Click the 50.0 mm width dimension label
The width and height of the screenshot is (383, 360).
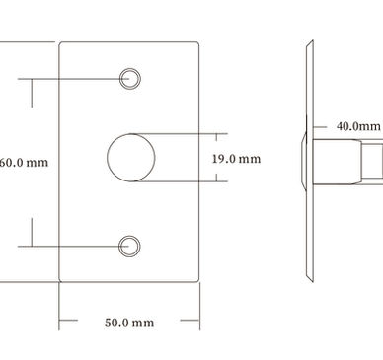(x=129, y=323)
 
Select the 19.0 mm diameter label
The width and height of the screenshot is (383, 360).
(x=236, y=159)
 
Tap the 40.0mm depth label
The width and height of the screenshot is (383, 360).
(x=358, y=126)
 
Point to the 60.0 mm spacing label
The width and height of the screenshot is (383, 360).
(x=24, y=162)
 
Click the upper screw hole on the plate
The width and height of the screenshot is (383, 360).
(x=130, y=79)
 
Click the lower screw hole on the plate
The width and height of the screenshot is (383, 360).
(x=129, y=246)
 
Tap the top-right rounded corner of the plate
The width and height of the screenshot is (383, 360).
(x=198, y=43)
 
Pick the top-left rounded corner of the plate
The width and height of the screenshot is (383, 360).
(x=60, y=43)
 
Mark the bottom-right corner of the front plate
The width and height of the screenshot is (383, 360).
(x=198, y=281)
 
